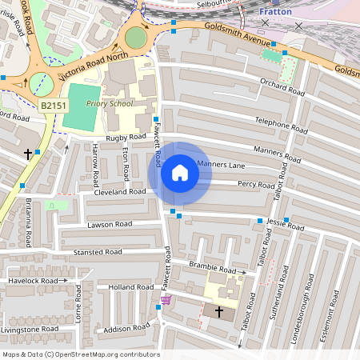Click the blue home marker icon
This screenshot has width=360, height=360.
click(180, 173)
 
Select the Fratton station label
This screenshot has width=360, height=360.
click(276, 12)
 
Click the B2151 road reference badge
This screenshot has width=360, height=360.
click(53, 105)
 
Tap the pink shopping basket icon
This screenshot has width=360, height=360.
click(166, 301)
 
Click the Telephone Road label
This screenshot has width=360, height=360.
click(281, 127)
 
